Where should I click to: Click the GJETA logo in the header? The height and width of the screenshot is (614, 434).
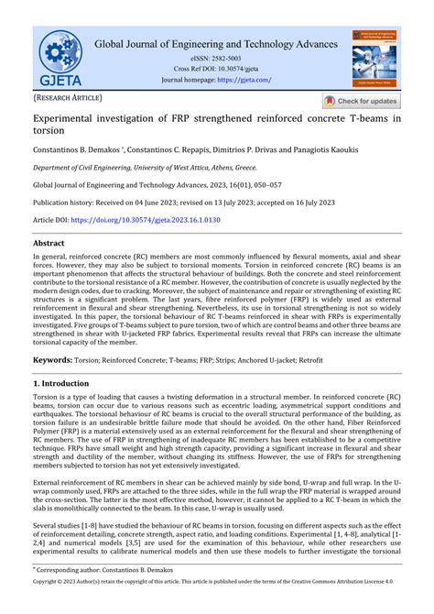tap(60, 57)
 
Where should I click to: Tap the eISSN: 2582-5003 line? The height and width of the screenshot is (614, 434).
tap(217, 59)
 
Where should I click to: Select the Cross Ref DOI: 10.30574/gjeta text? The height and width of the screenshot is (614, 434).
tap(217, 69)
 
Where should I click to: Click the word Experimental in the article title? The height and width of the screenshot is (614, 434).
tap(70, 120)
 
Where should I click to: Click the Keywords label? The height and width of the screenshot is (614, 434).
tap(57, 387)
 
